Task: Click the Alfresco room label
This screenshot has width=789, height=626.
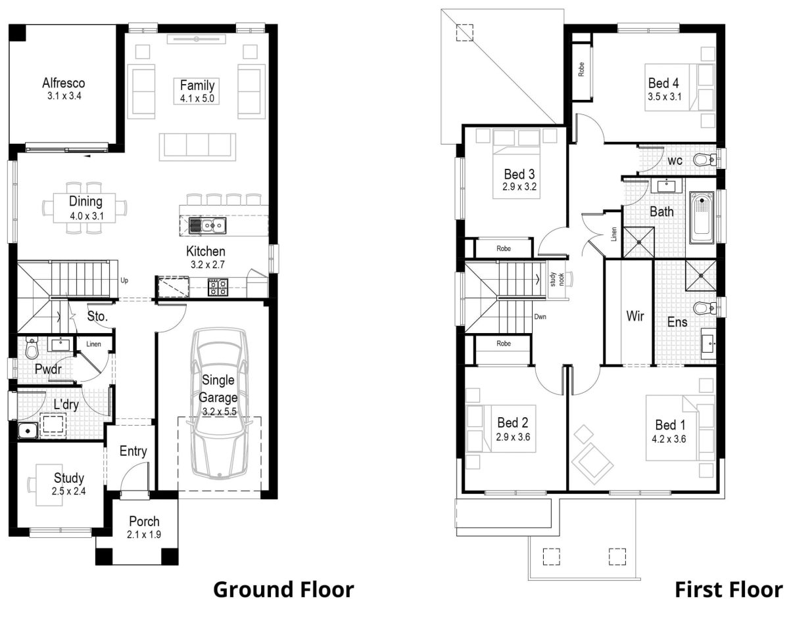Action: point(64,83)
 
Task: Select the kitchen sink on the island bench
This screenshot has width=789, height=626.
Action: point(207,226)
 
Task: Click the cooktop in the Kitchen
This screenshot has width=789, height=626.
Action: point(218,287)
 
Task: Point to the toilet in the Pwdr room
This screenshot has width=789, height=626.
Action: point(32,349)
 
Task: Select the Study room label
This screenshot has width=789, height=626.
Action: point(69,478)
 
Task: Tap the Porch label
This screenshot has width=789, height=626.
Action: point(144,522)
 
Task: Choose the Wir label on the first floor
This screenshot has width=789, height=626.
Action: point(634,317)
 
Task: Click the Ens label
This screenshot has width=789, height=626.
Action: point(677,322)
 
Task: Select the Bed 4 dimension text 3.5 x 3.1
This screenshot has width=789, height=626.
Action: point(663,97)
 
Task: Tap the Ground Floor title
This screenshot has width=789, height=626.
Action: point(283,589)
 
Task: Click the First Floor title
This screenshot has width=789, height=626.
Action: point(729,589)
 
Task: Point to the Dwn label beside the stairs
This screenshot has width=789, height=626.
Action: point(540,317)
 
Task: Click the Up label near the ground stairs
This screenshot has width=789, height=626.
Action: point(124,280)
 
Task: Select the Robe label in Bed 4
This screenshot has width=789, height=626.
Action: point(581,70)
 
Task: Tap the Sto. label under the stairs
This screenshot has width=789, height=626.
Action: point(97,317)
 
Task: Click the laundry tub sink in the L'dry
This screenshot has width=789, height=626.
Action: point(26,430)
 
